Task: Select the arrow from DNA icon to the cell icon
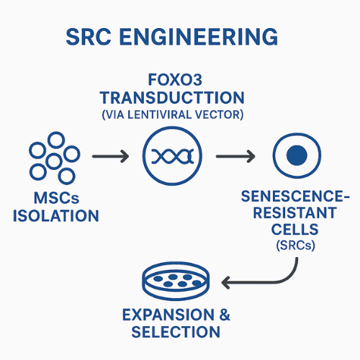pos(235,155)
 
